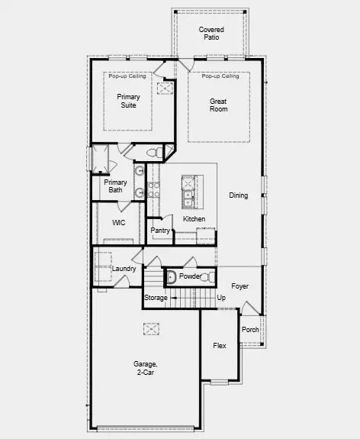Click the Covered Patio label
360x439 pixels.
click(211, 33)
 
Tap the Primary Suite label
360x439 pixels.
click(128, 102)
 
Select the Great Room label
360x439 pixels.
click(219, 105)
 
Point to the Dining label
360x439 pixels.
click(239, 195)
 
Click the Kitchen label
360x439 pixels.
click(194, 219)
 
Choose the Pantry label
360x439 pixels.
click(159, 230)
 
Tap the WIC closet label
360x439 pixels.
click(118, 223)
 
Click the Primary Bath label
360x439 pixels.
click(116, 186)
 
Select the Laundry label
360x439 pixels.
click(124, 269)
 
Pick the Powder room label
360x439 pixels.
click(190, 276)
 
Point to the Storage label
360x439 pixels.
click(156, 297)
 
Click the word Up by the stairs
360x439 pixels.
click(221, 297)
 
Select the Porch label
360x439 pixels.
click(250, 330)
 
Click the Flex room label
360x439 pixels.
click(220, 346)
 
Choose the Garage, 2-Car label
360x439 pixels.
click(147, 369)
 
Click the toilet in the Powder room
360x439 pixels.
click(172, 276)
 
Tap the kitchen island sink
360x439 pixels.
click(188, 195)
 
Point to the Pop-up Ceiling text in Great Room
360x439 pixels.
click(220, 76)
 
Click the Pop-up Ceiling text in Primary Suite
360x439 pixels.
click(128, 76)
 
